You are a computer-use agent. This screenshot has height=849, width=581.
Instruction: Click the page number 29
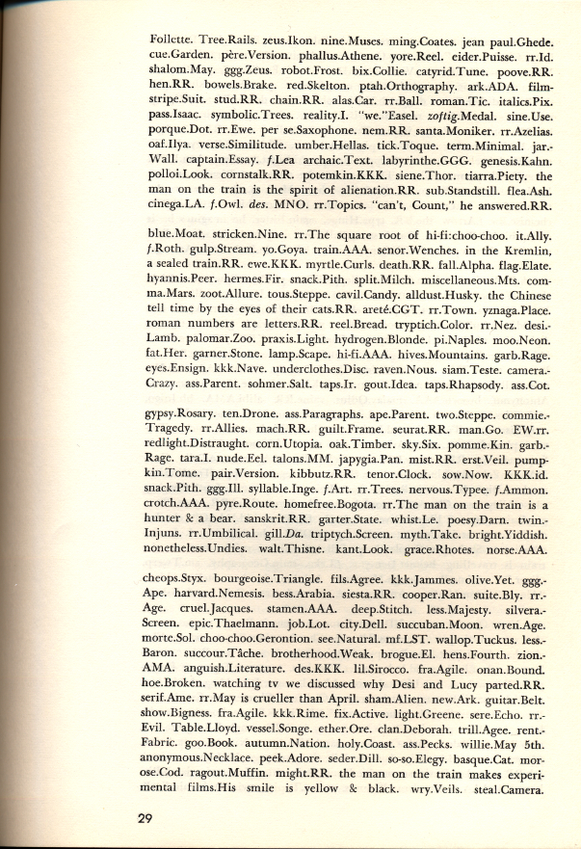pos(145,819)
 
